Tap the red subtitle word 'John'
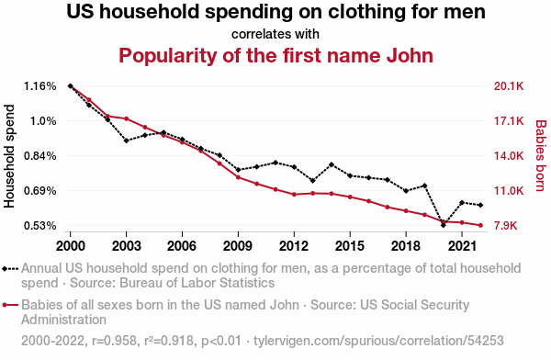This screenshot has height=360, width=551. coord(410,55)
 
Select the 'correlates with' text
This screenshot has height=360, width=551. coord(275,34)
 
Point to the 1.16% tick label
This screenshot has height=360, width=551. coord(40,86)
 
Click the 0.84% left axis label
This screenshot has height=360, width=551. coord(40,156)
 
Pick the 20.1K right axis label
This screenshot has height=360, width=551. coord(509,86)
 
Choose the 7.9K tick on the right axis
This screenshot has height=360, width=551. coord(506,225)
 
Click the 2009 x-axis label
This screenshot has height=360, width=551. coord(238,246)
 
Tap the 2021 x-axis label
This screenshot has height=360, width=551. coord(462,246)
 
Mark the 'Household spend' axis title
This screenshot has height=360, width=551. coord(9,156)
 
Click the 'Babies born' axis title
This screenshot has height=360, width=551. coord(541,156)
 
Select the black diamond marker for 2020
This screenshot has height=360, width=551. coord(444,225)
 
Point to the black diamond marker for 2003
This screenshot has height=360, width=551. coord(126,141)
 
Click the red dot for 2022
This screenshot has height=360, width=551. coord(480,225)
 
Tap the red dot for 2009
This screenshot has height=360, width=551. coord(238,177)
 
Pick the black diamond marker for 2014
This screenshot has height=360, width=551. coord(332,164)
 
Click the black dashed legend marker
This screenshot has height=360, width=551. coord(10,269)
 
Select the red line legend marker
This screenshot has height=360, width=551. coord(10,305)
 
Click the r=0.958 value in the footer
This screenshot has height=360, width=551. coord(114,341)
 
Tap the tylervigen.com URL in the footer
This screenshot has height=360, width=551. coord(378,341)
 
